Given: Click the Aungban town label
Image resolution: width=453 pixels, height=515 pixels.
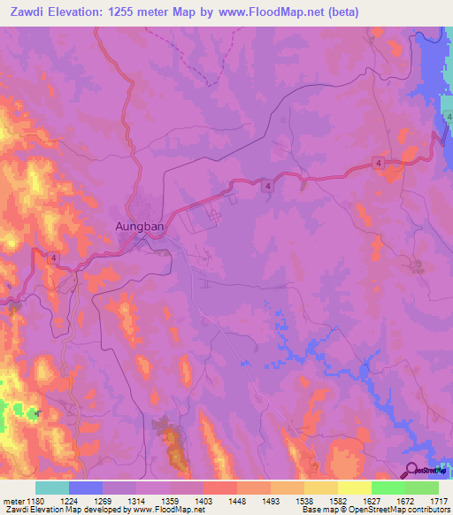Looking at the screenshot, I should [140, 226].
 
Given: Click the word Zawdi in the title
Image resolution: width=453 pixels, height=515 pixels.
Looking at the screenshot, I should [23, 12].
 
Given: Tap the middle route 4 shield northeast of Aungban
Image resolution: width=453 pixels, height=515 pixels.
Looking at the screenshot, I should [266, 184].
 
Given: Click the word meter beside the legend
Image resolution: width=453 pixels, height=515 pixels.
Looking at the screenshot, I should [12, 501].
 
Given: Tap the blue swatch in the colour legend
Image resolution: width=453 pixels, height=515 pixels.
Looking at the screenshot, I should [85, 488].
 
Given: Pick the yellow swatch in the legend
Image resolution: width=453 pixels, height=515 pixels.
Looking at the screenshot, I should [354, 488].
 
